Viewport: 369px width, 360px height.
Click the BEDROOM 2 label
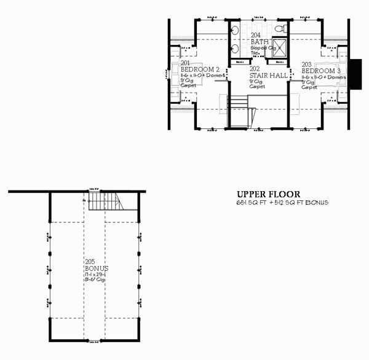[200, 70]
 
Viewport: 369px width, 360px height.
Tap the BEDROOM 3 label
[322, 70]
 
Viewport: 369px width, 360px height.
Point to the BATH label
[258, 41]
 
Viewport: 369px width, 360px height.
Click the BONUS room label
[97, 270]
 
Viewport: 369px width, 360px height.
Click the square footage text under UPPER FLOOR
[281, 202]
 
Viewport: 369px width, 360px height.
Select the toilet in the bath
[280, 28]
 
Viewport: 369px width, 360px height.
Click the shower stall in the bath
[280, 47]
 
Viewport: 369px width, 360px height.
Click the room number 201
[184, 63]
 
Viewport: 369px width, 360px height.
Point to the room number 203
[306, 63]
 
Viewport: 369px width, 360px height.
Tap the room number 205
[90, 263]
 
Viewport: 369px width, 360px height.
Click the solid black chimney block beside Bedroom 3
[355, 72]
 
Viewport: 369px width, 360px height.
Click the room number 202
[254, 69]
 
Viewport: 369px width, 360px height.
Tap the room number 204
[255, 35]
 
